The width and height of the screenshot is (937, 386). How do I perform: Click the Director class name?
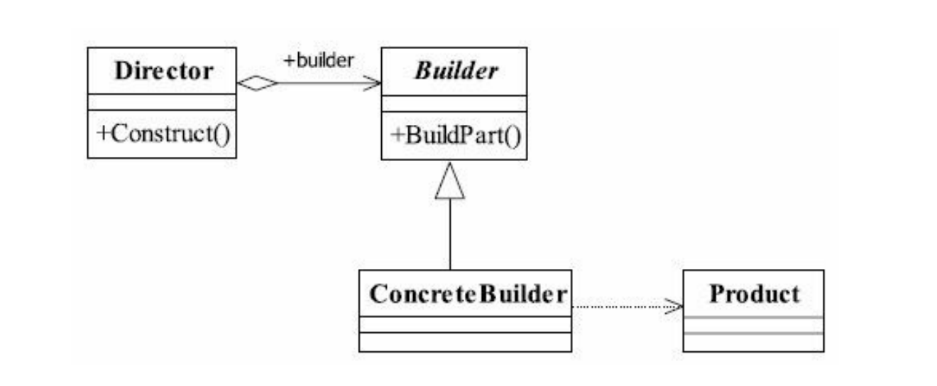pyautogui.click(x=163, y=71)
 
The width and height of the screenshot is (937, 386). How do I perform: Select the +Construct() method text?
pyautogui.click(x=163, y=133)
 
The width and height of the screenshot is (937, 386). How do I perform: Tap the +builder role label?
pyautogui.click(x=318, y=61)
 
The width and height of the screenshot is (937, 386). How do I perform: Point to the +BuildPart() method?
pyautogui.click(x=454, y=135)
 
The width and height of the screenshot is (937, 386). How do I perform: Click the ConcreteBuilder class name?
pyautogui.click(x=465, y=293)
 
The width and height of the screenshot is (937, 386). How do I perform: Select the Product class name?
pyautogui.click(x=754, y=293)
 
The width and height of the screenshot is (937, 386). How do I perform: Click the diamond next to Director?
pyautogui.click(x=256, y=83)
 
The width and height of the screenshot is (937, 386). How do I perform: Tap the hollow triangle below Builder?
pyautogui.click(x=450, y=183)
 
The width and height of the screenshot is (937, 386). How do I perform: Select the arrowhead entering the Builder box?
pyautogui.click(x=373, y=84)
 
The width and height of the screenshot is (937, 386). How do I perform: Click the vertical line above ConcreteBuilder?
pyautogui.click(x=450, y=234)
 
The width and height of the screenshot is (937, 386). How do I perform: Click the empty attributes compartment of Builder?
pyautogui.click(x=454, y=104)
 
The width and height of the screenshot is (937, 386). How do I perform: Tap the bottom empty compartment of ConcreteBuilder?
pyautogui.click(x=465, y=342)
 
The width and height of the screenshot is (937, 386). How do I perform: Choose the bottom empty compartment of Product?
pyautogui.click(x=754, y=342)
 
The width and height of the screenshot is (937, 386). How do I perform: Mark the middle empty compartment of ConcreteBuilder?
pyautogui.click(x=465, y=324)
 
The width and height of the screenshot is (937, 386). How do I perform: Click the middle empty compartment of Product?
pyautogui.click(x=754, y=325)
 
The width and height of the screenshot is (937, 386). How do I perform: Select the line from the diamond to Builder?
pyautogui.click(x=323, y=84)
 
